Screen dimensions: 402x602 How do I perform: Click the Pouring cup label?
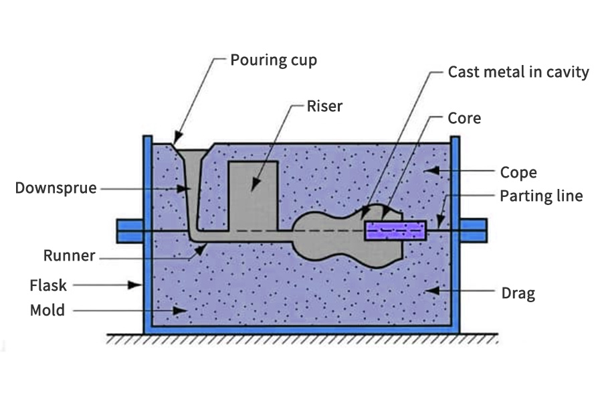click(x=273, y=60)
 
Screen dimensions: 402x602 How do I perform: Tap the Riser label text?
click(x=324, y=106)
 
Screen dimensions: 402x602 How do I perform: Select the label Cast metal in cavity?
click(x=518, y=72)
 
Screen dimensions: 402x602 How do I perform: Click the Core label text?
click(x=464, y=118)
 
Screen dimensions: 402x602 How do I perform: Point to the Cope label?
click(x=518, y=173)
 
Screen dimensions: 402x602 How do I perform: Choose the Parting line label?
click(x=541, y=196)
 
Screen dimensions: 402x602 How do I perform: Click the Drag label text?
click(x=518, y=292)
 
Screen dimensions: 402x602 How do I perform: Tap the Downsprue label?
click(x=56, y=188)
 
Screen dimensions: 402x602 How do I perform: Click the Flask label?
click(x=48, y=285)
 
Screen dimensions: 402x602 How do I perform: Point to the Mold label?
click(x=47, y=310)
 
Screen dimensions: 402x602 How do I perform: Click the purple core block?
click(x=395, y=230)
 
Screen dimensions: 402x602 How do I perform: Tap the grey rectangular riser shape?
click(x=253, y=194)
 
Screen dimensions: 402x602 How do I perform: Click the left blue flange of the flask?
click(x=130, y=230)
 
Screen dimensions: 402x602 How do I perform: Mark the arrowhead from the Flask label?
click(x=139, y=285)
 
